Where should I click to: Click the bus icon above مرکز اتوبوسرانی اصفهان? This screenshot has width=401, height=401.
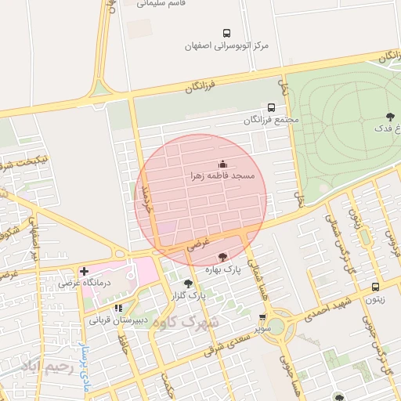pos(226,33)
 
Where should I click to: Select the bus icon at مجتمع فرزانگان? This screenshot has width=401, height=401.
pos(271,107)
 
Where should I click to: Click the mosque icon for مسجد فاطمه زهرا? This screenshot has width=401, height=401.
pos(222,164)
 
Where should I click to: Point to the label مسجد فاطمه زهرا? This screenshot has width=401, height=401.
pos(222,177)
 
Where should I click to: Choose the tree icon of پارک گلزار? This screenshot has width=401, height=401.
pos(188,284)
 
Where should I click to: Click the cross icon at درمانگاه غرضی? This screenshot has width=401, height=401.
pos(84,271)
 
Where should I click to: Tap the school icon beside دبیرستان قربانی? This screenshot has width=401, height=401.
pos(118,308)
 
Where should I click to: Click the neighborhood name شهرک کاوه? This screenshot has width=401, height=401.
pos(186,321)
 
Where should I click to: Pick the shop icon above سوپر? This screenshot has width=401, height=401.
pos(262,318)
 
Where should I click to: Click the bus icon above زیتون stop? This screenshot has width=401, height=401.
pos(376,287)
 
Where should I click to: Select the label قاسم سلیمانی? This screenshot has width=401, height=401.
pos(160,4)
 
